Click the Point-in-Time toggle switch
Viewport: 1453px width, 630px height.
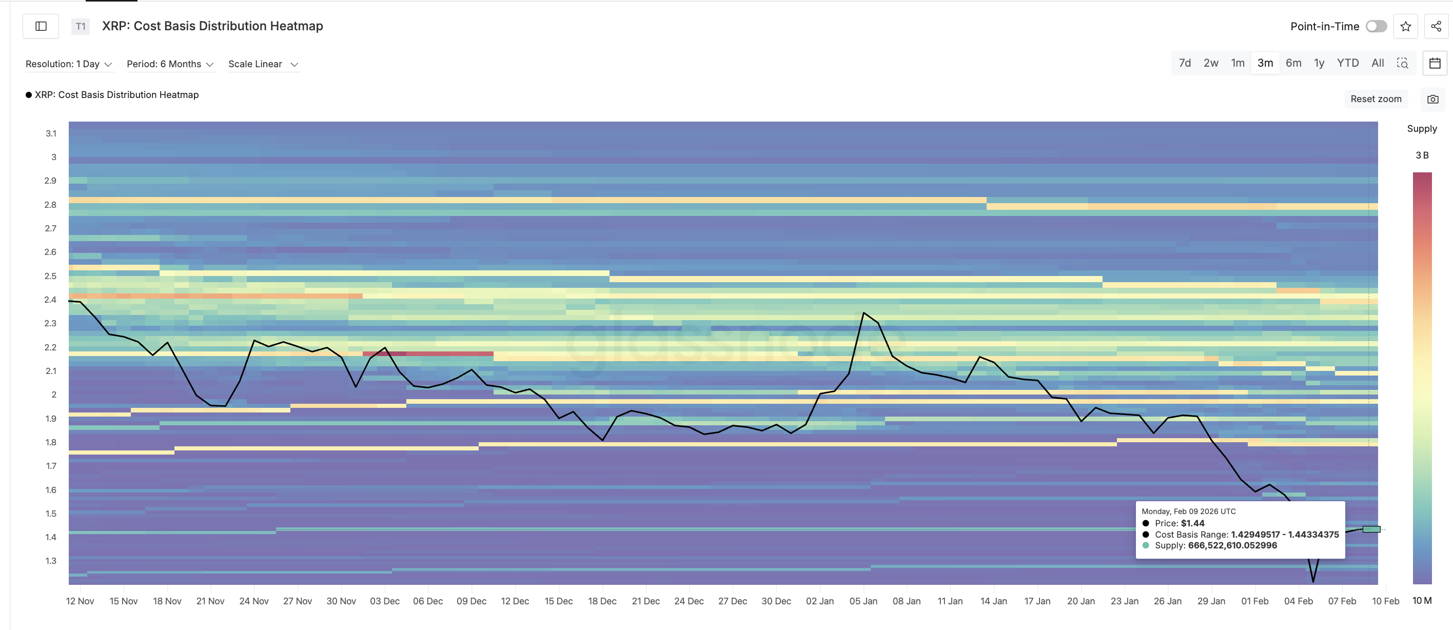(1376, 27)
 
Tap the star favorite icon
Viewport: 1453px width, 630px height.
(1405, 27)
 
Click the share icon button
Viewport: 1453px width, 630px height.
(1436, 27)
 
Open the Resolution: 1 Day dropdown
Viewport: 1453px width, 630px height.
(68, 64)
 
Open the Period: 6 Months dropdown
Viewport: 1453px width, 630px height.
(170, 64)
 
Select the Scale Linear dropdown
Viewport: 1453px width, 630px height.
(263, 64)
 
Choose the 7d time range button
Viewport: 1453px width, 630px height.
(1185, 63)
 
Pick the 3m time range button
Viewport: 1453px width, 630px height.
(1265, 63)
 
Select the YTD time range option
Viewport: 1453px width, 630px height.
(1347, 63)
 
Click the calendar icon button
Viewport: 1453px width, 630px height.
(1435, 63)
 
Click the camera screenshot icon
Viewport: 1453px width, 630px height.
(1432, 99)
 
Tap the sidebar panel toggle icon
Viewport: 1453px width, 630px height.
(41, 27)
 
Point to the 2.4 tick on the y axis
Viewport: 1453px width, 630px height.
(51, 300)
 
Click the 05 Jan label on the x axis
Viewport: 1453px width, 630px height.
(863, 601)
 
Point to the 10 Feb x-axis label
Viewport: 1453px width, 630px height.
(1385, 601)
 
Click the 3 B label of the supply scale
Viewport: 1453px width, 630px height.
(1421, 155)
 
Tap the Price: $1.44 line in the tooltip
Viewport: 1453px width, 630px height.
(1179, 523)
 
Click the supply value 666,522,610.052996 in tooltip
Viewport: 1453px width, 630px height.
(1232, 545)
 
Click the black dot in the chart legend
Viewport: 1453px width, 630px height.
(29, 95)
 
